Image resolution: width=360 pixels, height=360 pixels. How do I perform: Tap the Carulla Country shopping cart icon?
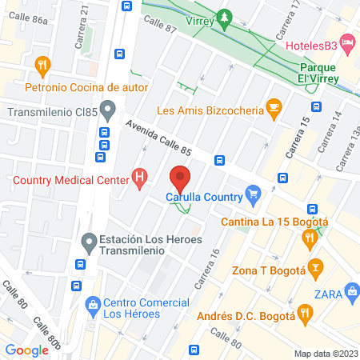254,192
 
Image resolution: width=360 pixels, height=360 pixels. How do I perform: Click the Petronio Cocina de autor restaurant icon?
43,64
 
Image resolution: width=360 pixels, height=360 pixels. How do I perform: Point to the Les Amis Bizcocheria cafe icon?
274,106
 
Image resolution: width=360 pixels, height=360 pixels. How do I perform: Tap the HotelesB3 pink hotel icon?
347,41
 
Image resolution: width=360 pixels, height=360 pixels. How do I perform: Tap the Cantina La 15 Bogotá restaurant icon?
309,237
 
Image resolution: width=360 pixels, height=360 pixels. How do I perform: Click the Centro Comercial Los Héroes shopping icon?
94,303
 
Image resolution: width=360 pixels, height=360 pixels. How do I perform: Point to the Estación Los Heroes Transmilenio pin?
90,240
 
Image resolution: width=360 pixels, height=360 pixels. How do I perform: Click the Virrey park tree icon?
226,16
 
